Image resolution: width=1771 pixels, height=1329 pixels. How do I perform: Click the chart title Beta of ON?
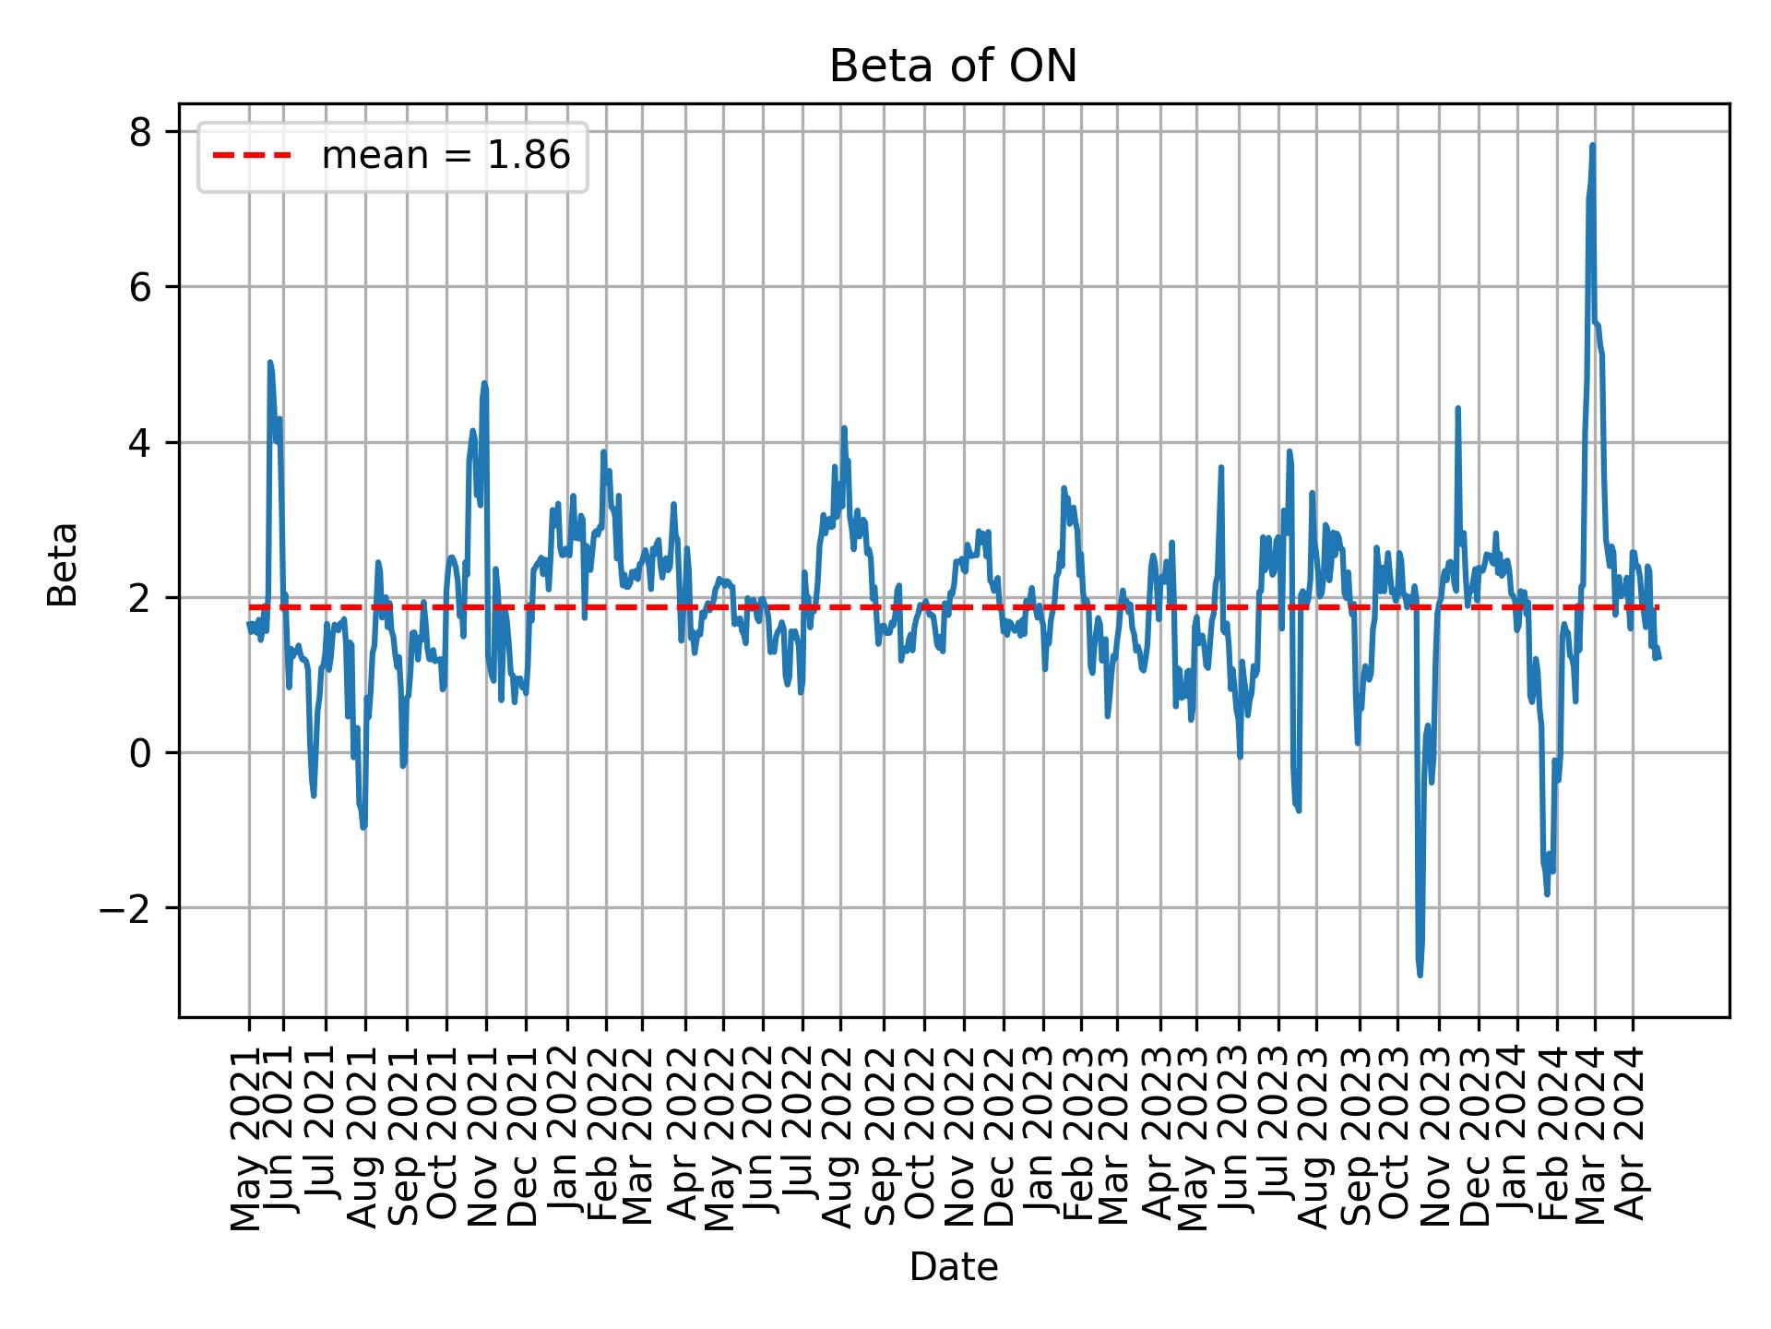click(x=953, y=66)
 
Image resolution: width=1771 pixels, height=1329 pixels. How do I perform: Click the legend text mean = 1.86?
click(x=446, y=156)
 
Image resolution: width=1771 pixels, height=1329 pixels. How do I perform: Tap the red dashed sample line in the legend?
click(x=252, y=156)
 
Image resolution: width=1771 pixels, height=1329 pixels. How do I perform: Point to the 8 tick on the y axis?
click(x=140, y=133)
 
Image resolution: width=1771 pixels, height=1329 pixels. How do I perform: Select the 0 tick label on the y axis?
click(x=140, y=754)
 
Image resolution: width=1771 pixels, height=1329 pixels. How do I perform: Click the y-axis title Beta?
click(x=63, y=564)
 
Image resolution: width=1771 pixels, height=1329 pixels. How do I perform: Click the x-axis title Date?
click(x=953, y=1267)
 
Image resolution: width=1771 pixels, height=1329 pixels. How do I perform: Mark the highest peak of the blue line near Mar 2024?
click(x=1592, y=146)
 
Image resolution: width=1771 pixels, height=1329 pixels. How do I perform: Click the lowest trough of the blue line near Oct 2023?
click(x=1420, y=975)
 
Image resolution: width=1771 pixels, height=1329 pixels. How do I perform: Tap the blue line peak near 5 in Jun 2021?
click(x=269, y=363)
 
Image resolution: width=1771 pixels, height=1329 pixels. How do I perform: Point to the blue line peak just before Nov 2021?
click(x=483, y=384)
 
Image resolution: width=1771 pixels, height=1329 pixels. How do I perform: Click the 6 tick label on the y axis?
click(x=140, y=288)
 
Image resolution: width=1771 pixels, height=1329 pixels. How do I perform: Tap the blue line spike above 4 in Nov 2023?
click(x=1457, y=408)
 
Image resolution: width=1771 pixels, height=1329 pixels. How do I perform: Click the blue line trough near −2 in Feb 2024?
click(x=1546, y=893)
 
